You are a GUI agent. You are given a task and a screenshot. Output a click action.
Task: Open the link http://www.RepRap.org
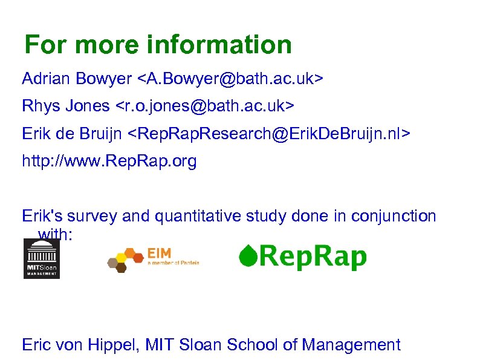(x=109, y=162)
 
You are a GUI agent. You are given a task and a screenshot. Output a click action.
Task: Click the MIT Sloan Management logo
(x=41, y=258)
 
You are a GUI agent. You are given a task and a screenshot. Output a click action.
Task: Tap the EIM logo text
(x=159, y=253)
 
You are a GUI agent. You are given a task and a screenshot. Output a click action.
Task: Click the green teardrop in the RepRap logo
(x=247, y=257)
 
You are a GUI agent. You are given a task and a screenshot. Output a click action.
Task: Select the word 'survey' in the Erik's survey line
(x=94, y=216)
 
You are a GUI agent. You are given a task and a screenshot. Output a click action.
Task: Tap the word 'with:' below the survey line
(x=55, y=234)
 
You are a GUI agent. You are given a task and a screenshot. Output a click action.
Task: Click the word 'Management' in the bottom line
(x=351, y=345)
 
